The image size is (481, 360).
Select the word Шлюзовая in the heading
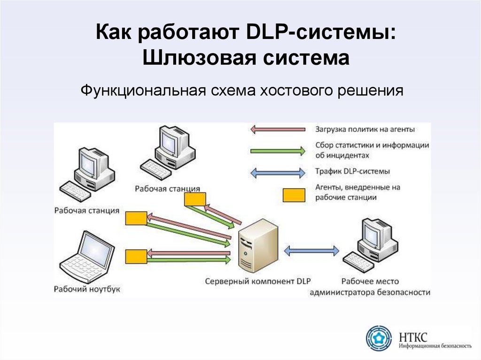pos(199,57)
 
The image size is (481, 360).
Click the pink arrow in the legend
pos(278,130)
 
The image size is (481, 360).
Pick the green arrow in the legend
pos(278,151)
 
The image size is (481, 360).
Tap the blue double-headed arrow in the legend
pos(278,173)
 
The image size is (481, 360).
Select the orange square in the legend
pos(294,195)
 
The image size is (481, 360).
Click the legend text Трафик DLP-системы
pos(352,171)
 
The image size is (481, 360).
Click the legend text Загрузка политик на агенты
pos(365,130)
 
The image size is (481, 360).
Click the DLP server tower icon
pos(258,246)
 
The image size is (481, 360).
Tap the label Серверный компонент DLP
pos(258,281)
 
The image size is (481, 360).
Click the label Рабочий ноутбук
pos(87,289)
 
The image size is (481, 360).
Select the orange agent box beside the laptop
pos(136,257)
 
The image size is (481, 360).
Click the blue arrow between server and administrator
pos(312,251)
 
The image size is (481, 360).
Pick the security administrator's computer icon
pos(370,244)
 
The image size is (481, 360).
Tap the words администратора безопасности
pos(370,292)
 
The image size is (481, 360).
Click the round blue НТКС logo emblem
pos(379,338)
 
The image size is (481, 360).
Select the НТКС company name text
pos(413,337)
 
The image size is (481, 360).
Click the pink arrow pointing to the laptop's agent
pos(189,253)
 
